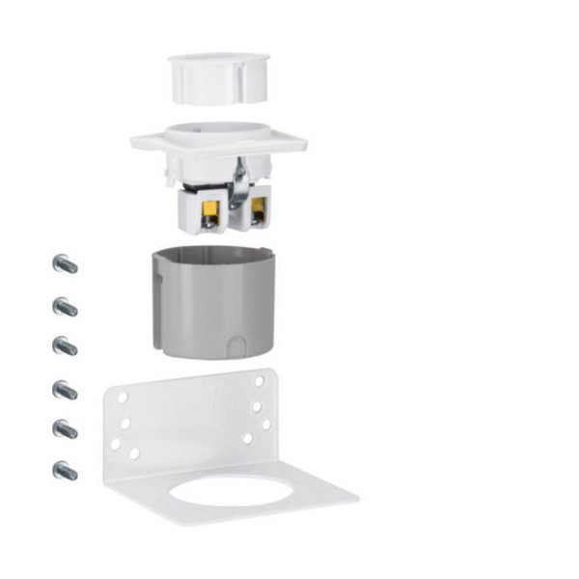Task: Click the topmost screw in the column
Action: tap(65, 263)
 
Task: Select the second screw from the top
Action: tap(65, 307)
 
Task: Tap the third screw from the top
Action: tap(65, 345)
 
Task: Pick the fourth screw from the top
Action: tap(65, 390)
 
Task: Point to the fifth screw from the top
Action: tap(65, 428)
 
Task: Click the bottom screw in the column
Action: tap(65, 472)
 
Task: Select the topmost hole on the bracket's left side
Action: tap(123, 397)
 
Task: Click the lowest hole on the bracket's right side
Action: tap(248, 438)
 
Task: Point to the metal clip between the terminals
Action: tap(237, 182)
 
